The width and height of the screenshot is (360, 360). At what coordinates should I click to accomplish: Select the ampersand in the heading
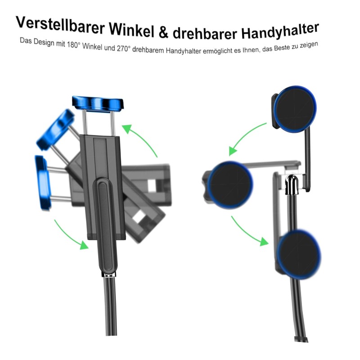pos(163,32)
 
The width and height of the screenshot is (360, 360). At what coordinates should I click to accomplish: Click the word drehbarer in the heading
pos(205,32)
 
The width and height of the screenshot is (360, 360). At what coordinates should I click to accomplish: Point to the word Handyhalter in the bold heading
pos(280,31)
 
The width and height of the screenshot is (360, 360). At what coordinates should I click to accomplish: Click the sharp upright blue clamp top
pos(98,103)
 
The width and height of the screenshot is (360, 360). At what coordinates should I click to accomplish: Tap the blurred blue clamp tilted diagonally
pos(55,130)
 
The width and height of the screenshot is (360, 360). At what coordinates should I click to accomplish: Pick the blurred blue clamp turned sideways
pos(42,183)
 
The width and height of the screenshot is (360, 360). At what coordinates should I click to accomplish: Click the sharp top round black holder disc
pos(295,109)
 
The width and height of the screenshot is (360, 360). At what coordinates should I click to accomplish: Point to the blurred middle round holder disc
pos(230,185)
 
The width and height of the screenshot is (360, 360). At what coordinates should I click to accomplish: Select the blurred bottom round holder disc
pos(299,254)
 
